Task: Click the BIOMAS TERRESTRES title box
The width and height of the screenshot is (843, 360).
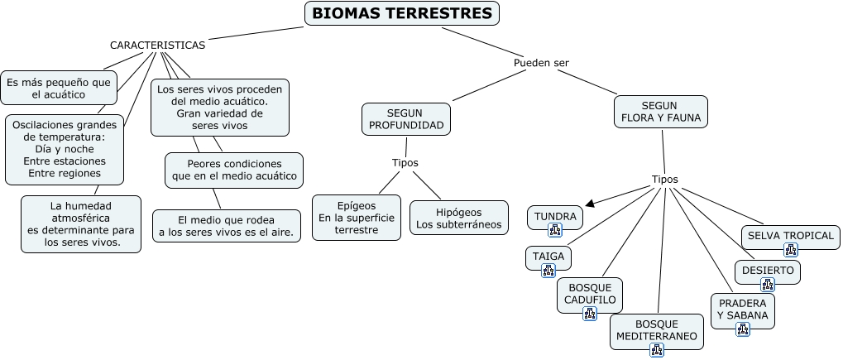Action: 403,14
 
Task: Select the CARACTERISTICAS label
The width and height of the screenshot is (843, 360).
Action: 157,45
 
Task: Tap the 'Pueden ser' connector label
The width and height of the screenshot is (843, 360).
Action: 541,63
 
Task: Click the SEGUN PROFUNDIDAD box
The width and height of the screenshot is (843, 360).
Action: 406,119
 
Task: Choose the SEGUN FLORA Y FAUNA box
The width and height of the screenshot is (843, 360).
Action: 661,112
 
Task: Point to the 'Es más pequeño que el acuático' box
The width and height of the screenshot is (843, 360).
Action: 58,88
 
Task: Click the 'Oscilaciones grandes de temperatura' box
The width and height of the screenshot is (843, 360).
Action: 65,149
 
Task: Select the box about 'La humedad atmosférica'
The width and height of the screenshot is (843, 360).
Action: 81,223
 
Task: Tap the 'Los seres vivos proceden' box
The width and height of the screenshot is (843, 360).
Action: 220,108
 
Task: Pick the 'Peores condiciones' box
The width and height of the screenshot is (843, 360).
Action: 234,170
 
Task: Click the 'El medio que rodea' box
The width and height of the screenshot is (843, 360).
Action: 226,225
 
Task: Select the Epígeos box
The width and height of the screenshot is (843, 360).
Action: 357,217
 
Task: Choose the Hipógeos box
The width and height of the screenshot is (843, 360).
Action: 459,217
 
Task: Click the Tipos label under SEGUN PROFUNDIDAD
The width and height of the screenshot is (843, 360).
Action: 405,162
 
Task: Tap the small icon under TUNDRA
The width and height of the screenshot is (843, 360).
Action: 555,230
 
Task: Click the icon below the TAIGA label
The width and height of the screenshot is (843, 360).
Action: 548,270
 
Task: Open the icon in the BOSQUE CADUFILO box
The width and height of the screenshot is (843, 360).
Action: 589,314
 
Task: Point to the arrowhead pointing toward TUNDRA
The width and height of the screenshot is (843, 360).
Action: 589,203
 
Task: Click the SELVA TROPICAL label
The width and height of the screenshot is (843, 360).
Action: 790,235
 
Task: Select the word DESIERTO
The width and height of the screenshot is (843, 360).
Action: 768,270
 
